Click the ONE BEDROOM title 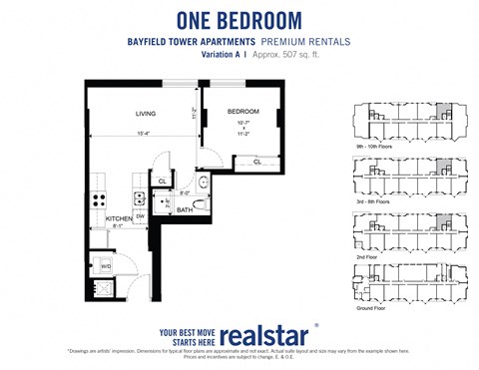[239, 19]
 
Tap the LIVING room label [147, 113]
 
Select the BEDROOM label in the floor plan [243, 111]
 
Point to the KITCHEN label [119, 217]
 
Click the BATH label [185, 210]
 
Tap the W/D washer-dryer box [106, 265]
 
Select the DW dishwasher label [141, 215]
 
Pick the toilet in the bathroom [200, 203]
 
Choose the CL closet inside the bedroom [256, 160]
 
